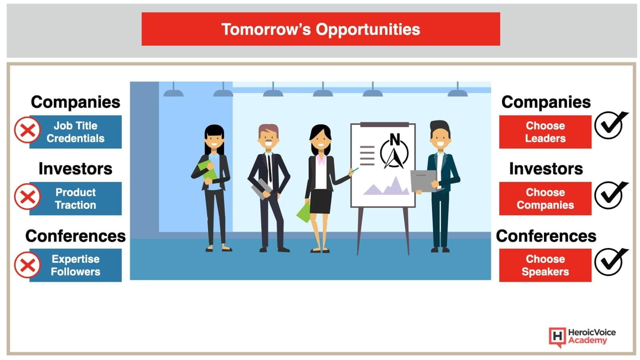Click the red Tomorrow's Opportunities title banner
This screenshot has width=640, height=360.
[x=320, y=29]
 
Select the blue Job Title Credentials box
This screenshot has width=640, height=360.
[x=76, y=132]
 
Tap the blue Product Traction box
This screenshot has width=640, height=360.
[x=76, y=198]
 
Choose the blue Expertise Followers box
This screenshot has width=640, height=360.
[x=76, y=265]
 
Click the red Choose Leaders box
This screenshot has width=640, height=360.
[x=545, y=132]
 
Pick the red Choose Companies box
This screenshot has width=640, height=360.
[x=545, y=198]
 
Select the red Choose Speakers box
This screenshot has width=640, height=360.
[x=545, y=265]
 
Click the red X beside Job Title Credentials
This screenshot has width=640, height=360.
[x=28, y=130]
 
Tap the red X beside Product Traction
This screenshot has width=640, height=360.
[x=28, y=196]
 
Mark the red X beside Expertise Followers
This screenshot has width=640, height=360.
[x=28, y=265]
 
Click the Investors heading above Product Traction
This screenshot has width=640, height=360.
[x=76, y=168]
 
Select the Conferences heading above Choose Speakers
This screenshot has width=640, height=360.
[x=546, y=236]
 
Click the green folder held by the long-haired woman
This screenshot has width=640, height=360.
[x=208, y=170]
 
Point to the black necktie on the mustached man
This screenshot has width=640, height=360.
[x=270, y=168]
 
